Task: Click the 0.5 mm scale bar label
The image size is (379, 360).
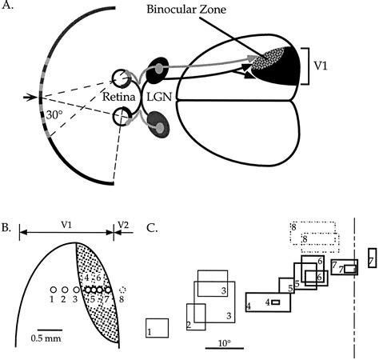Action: pyautogui.click(x=50, y=338)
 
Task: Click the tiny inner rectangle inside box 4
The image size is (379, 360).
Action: pyautogui.click(x=275, y=302)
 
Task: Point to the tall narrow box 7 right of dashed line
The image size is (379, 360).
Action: pyautogui.click(x=371, y=259)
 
